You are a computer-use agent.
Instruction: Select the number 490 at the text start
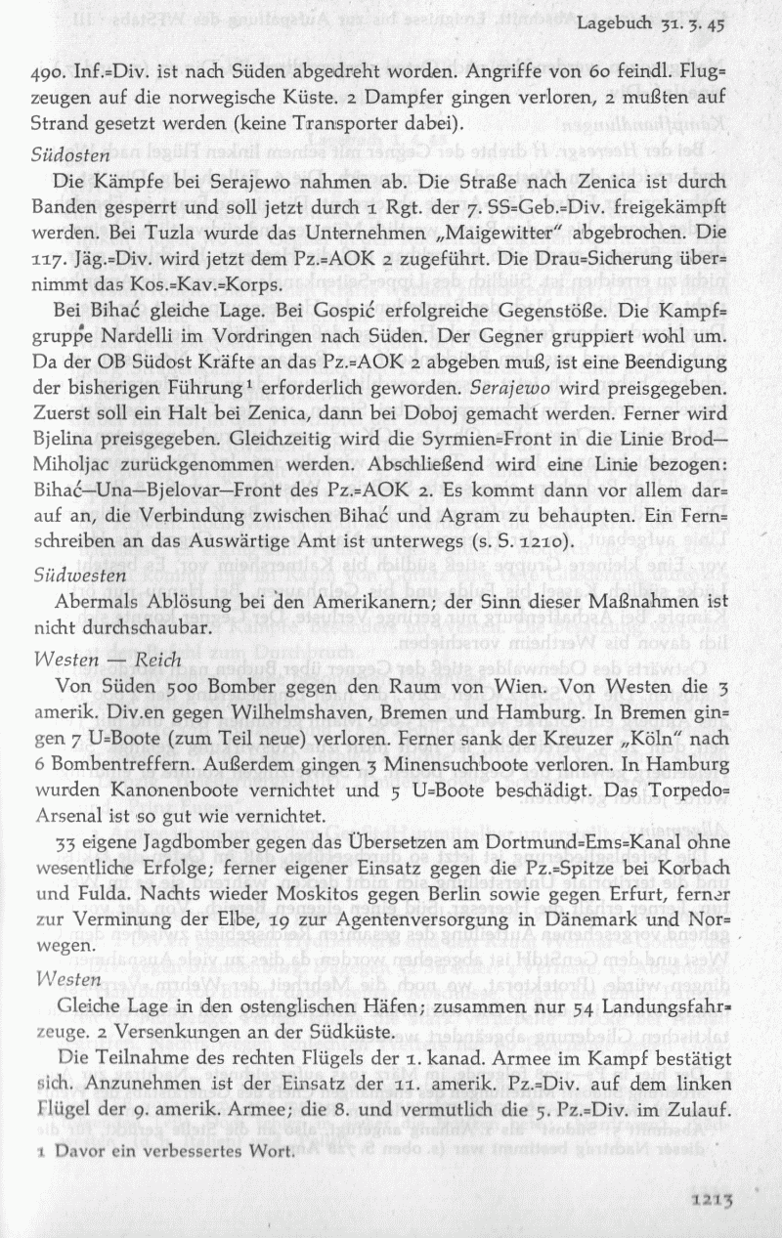pyautogui.click(x=50, y=74)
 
